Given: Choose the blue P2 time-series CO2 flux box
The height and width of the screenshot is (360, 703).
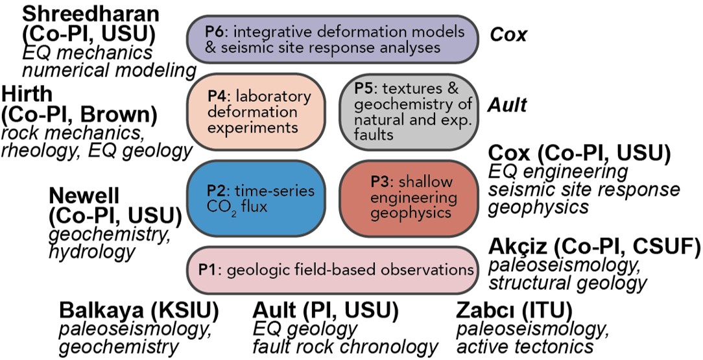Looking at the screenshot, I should (258, 199).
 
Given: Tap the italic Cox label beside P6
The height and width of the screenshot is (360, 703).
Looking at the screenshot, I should (508, 34).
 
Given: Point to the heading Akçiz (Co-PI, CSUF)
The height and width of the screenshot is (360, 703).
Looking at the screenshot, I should (593, 246).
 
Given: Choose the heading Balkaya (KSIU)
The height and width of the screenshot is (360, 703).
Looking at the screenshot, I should (139, 311).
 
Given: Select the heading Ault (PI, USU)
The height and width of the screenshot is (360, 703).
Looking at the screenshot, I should (318, 311).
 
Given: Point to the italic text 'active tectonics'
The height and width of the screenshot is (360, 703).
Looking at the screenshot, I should (526, 348).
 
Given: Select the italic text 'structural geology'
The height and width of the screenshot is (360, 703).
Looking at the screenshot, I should (567, 283).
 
